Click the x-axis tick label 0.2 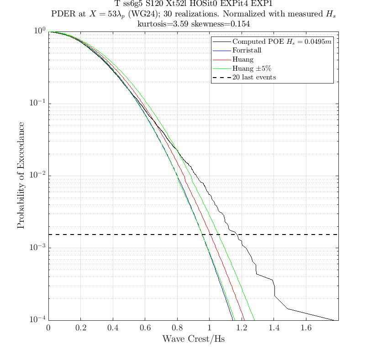[80, 328]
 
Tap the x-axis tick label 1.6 [306, 328]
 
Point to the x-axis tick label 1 [209, 328]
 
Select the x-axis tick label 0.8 [177, 328]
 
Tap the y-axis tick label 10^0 [40, 31]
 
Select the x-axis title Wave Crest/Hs [193, 339]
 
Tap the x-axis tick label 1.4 [274, 328]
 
